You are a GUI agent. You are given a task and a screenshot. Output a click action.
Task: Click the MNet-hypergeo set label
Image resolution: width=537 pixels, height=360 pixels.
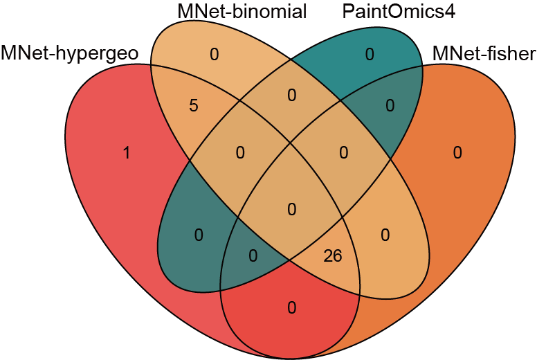click(69, 53)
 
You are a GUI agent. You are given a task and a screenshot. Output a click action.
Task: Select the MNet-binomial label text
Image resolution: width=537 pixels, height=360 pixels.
click(242, 12)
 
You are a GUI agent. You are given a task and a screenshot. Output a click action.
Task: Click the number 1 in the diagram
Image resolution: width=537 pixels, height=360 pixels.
click(126, 153)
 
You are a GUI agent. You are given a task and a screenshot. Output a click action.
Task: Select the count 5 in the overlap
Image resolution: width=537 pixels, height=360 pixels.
click(193, 107)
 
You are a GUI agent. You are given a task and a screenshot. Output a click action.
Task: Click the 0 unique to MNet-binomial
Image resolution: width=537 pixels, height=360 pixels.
click(214, 55)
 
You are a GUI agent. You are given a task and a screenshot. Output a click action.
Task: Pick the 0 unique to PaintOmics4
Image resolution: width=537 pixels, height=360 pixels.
click(370, 55)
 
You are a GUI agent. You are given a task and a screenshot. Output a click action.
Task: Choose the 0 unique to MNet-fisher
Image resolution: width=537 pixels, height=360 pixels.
click(457, 153)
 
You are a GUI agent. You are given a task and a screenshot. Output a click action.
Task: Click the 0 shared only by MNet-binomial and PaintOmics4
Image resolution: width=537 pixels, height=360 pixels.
click(291, 95)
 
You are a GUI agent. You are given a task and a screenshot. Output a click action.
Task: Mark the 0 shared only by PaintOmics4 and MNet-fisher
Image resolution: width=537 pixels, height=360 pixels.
click(390, 107)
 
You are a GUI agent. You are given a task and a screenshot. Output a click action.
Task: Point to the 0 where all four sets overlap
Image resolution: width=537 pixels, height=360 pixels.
click(291, 208)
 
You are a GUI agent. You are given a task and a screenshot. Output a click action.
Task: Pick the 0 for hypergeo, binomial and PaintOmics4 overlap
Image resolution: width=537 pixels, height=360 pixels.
click(240, 153)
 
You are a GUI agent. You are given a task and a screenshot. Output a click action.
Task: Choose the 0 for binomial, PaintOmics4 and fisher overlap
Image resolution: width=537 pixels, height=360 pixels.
click(343, 153)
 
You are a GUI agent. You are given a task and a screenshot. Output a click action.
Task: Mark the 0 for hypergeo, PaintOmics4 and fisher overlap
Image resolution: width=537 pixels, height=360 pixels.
click(253, 256)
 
